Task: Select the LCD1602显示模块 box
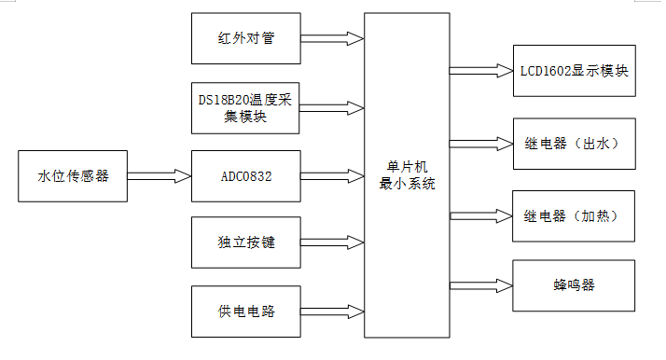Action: pyautogui.click(x=575, y=70)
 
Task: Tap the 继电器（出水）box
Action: pyautogui.click(x=575, y=143)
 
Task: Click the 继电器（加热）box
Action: pyautogui.click(x=575, y=215)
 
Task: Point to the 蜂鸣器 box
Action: pyautogui.click(x=575, y=285)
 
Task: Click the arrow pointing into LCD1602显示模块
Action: pyautogui.click(x=480, y=70)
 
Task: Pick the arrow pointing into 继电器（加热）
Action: pyautogui.click(x=480, y=215)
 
